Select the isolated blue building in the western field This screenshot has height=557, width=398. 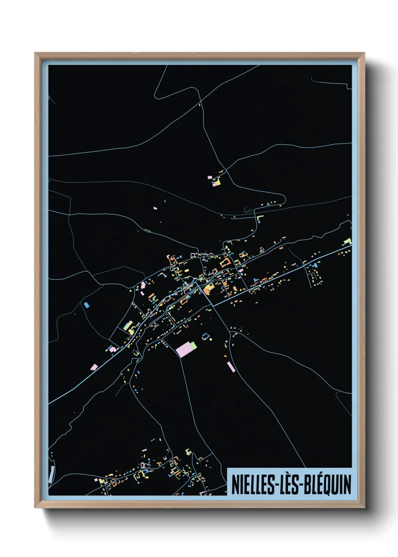pos(87,304)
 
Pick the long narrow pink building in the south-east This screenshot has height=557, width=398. pos(231,367)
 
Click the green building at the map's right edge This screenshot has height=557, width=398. pos(348,241)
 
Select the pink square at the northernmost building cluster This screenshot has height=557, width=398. pos(216,184)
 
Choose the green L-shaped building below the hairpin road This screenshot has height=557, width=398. pos(259,218)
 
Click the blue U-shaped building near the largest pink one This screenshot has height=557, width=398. pos(205,336)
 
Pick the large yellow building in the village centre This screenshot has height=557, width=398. pos(207,289)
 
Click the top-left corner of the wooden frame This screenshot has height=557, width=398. pos(35,53)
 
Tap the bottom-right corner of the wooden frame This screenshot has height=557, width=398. pos(365,507)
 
